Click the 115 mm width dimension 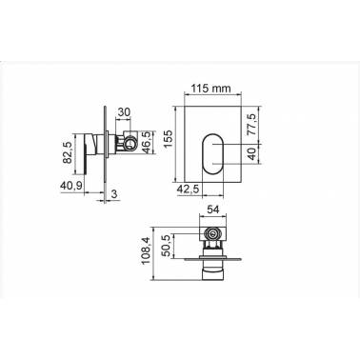[x=210, y=89]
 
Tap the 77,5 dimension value [x=252, y=126]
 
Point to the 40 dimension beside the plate [x=251, y=154]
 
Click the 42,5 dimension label [x=188, y=190]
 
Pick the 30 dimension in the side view [x=124, y=112]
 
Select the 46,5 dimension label [x=147, y=142]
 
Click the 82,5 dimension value [x=68, y=152]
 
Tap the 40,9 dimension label [x=71, y=185]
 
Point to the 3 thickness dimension [x=115, y=193]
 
